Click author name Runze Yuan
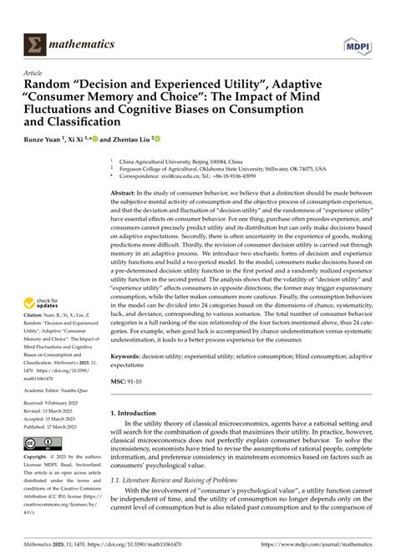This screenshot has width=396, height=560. (x=43, y=140)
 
